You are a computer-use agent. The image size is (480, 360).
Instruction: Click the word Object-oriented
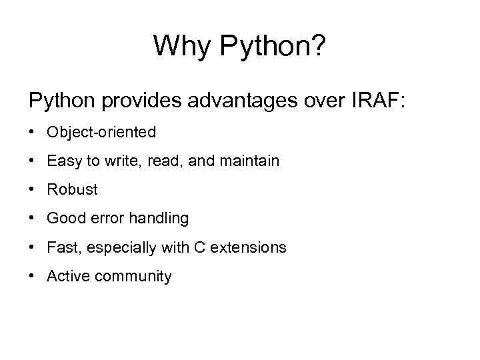(101, 133)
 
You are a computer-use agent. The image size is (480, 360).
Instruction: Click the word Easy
(62, 161)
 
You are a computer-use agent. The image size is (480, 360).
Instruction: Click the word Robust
(72, 190)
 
